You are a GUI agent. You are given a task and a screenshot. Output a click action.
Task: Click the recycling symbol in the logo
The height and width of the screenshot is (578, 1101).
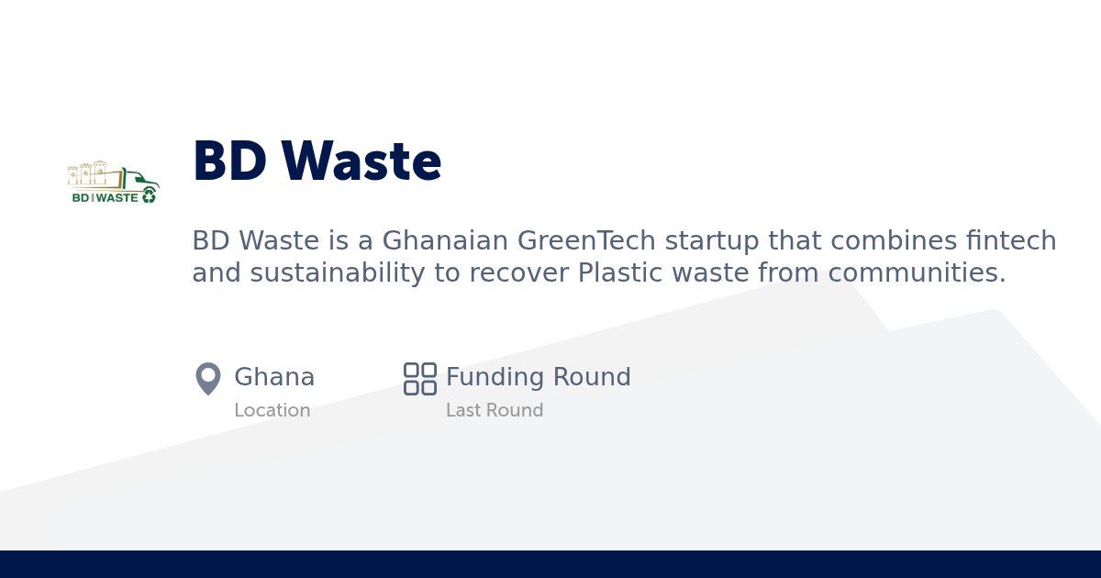tap(150, 195)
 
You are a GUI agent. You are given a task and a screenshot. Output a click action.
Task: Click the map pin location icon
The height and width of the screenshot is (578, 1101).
tap(208, 378)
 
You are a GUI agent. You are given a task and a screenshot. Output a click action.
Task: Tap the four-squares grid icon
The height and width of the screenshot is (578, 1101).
tap(420, 378)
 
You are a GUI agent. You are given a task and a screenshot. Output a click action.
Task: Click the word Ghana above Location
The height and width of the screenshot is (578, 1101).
tap(274, 377)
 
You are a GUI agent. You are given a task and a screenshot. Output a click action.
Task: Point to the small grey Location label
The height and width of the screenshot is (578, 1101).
tap(272, 410)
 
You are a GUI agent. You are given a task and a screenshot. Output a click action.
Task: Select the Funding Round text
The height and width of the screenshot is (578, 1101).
tap(538, 377)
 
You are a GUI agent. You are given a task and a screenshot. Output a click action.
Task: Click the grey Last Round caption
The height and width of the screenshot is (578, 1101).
tap(495, 410)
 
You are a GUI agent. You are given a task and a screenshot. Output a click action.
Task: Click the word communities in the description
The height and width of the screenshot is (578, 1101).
tap(917, 273)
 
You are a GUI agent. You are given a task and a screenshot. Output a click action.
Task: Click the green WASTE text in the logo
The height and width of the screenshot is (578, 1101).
tap(117, 197)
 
